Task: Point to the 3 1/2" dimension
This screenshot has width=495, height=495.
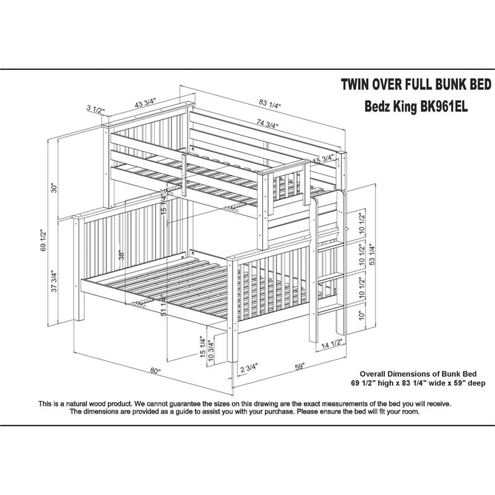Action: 95,110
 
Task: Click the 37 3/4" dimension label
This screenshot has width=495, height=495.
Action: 54,283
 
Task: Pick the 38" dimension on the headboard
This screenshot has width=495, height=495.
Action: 123,254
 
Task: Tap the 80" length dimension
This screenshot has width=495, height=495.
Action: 155,371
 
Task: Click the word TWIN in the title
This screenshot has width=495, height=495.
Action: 358,84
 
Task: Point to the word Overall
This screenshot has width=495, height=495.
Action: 376,374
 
